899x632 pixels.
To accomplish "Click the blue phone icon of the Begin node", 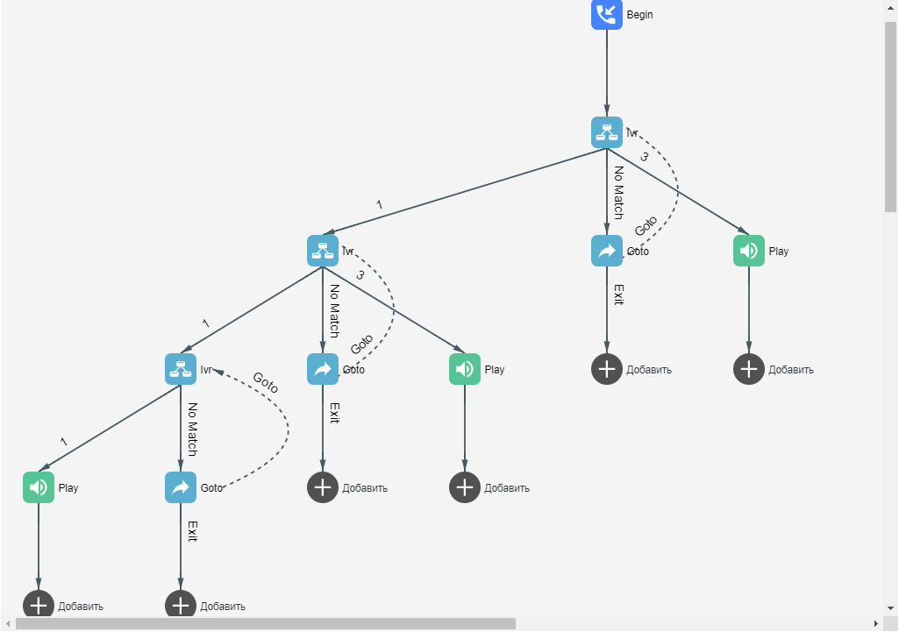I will tap(606, 14).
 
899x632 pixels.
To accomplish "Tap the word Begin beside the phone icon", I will tap(639, 15).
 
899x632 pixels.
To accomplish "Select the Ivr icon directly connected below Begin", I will tap(606, 132).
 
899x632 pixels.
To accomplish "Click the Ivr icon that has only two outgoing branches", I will tap(181, 369).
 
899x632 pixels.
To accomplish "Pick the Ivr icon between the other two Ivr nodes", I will tap(323, 251).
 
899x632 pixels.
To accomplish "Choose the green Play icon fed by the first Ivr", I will tap(748, 251).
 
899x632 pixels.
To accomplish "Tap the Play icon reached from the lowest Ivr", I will tap(39, 487).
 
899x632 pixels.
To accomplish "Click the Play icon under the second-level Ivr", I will tap(465, 369).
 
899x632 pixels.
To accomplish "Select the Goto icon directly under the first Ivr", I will tap(606, 251).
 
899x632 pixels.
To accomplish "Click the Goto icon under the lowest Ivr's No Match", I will tap(181, 487).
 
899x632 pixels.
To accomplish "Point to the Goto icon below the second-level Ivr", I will tap(323, 369).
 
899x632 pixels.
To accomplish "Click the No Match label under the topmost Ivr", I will tap(618, 192).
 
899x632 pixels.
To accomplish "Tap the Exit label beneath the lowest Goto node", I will tap(193, 531).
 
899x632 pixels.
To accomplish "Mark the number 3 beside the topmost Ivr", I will tap(644, 157).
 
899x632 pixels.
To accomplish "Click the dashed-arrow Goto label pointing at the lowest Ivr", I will tap(266, 382).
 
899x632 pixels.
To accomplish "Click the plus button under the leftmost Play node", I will tap(39, 605).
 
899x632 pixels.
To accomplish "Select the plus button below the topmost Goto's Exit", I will tap(606, 369).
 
